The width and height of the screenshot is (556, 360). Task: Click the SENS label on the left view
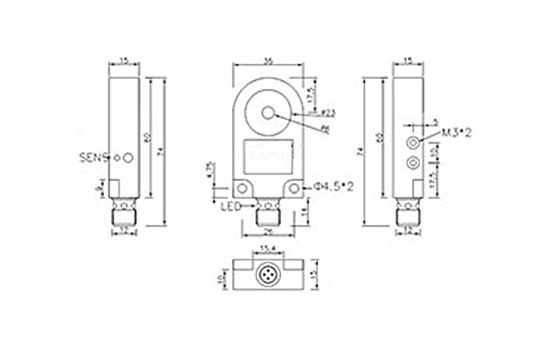[x=94, y=157]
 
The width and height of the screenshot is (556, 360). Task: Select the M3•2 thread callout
[x=457, y=134]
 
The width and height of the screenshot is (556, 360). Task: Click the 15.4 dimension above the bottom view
[x=268, y=248]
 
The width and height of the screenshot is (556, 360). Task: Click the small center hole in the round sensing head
[x=268, y=112]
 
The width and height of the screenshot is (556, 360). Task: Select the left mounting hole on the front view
[x=244, y=187]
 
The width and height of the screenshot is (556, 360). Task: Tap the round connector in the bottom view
[x=268, y=276]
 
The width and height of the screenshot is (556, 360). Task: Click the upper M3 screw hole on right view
[x=412, y=143]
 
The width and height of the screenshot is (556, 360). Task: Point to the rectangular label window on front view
[x=268, y=155]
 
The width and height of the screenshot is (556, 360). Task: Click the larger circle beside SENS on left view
[x=128, y=158]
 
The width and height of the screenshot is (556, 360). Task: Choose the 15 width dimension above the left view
[x=123, y=60]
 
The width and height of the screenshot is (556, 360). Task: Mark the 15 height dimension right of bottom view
[x=315, y=276]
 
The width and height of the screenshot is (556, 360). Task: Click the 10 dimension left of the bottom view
[x=221, y=277]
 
